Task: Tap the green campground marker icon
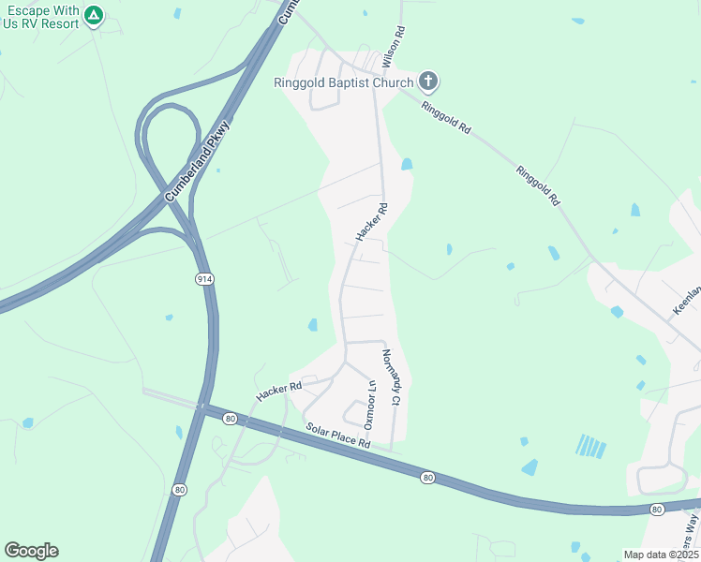(93, 15)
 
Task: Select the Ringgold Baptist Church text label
(343, 82)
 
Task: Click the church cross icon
(427, 81)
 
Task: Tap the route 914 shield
(205, 279)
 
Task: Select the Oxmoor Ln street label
(371, 400)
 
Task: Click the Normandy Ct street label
(391, 377)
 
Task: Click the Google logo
(31, 551)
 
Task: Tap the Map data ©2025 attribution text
(660, 555)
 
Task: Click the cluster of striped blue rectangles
(591, 446)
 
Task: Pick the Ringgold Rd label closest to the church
(446, 120)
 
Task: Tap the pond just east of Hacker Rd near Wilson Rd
(406, 164)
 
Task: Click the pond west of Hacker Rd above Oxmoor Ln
(312, 325)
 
